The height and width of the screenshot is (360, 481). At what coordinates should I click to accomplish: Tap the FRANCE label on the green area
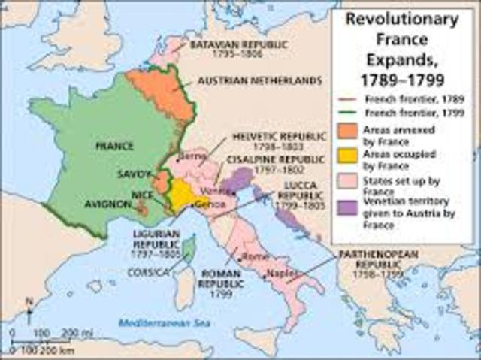tap(114, 145)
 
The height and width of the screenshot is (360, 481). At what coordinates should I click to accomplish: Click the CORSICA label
tap(147, 271)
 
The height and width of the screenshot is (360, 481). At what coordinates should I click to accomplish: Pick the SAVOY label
tap(135, 174)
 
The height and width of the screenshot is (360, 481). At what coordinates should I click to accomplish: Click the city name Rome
tap(257, 256)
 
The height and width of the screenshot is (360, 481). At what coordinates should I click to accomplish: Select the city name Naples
tap(280, 275)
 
